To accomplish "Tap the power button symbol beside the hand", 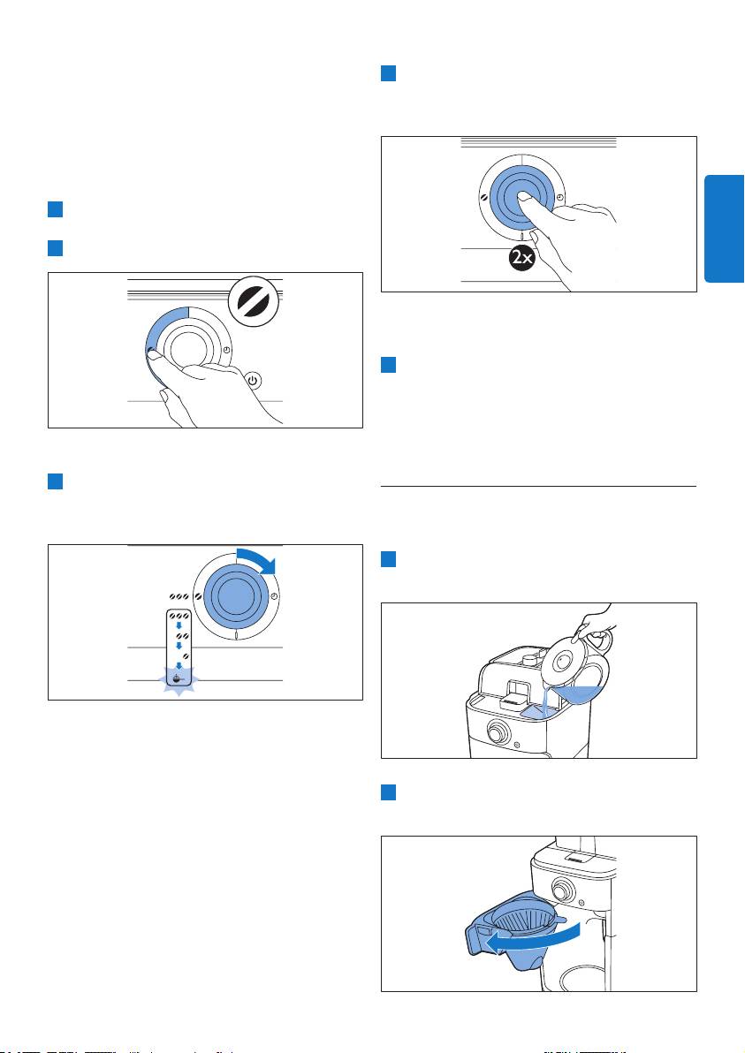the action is [253, 380].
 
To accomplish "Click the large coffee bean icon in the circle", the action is [254, 301].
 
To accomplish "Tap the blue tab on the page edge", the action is [724, 228].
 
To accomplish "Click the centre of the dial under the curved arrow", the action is [236, 595].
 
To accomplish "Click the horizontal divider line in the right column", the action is [539, 486].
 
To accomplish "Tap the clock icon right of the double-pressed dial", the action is [559, 198].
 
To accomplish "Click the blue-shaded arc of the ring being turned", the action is [158, 336].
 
